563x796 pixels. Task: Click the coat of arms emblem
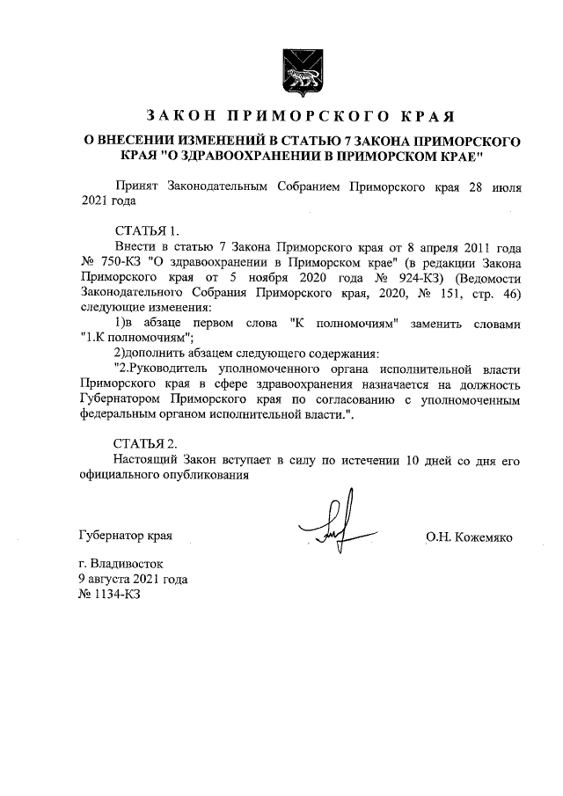296,69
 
